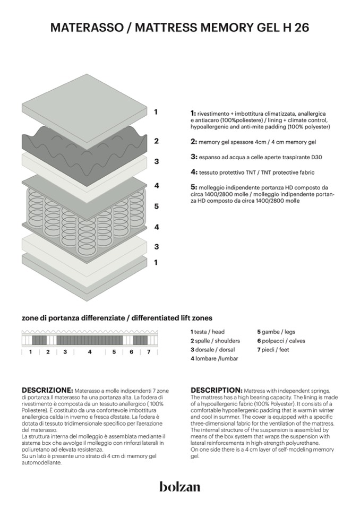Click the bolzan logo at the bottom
click(179, 487)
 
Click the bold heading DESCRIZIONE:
click(47, 390)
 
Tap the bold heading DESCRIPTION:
click(217, 390)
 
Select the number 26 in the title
click(301, 28)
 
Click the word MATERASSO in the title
click(85, 28)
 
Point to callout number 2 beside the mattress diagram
click(157, 141)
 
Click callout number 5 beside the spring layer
click(157, 206)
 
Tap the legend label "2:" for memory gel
click(194, 142)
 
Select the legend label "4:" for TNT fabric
click(194, 172)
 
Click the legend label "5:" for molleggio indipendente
click(194, 187)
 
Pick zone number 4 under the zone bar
click(90, 351)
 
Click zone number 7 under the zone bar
click(149, 351)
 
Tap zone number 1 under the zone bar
click(30, 351)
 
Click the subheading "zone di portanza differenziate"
click(73, 318)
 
